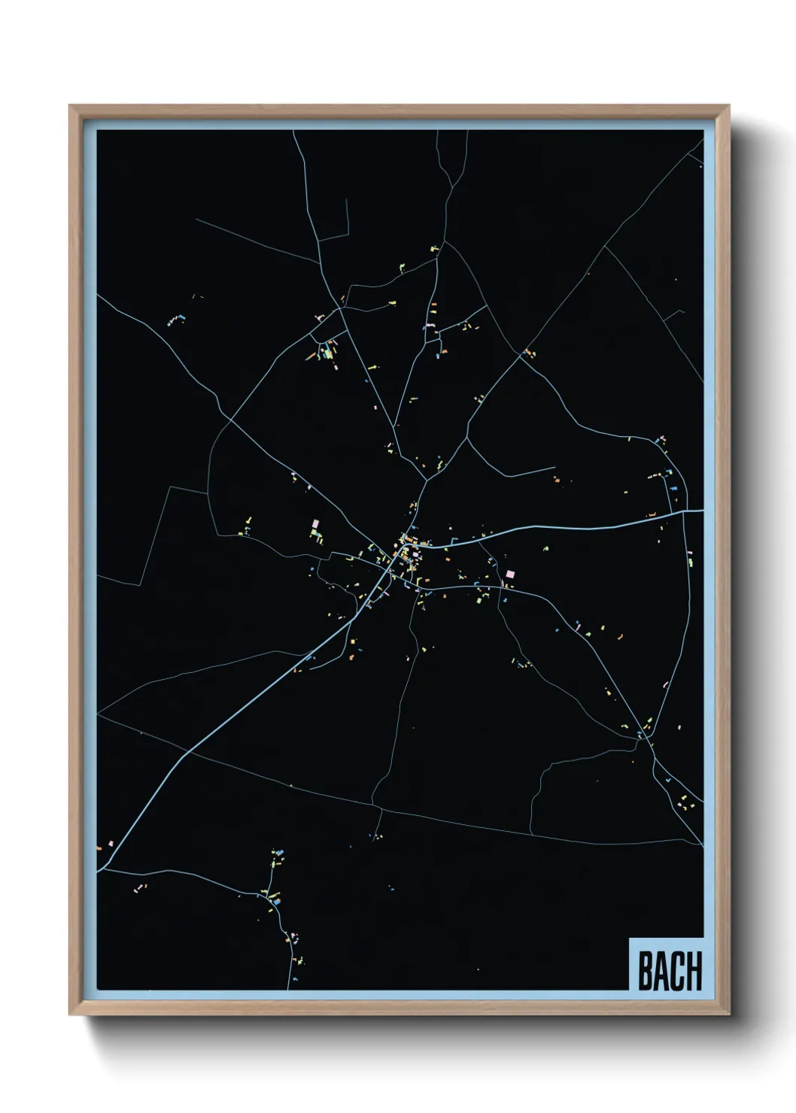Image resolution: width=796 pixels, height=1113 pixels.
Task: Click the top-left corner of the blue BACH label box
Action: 629,939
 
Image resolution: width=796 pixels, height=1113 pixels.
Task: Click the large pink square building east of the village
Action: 511,574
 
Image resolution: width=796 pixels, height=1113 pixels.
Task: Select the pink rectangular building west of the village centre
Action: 316,522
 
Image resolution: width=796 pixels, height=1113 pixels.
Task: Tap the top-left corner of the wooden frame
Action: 70,106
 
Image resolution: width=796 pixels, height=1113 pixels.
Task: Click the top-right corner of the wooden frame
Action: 729,106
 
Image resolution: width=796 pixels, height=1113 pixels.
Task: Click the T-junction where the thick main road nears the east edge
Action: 683,511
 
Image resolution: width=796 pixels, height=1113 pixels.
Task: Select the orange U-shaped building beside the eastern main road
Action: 652,514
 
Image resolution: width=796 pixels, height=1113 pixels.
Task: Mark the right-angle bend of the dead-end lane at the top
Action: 349,233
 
